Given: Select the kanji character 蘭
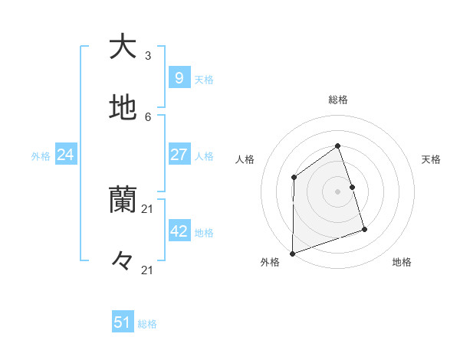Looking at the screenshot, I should [123, 200].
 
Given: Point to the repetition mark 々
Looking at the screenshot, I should [123, 261].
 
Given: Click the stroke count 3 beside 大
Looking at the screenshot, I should [147, 56].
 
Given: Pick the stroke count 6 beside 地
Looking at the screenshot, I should [147, 117].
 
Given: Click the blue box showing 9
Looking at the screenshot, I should [179, 77].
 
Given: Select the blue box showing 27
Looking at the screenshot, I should [179, 155].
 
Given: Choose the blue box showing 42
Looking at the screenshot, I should [179, 231].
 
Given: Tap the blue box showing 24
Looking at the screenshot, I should [65, 155].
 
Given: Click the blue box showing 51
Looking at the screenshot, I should [122, 322].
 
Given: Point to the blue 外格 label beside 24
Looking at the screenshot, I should [41, 156].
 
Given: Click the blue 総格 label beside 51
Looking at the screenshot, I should [147, 324].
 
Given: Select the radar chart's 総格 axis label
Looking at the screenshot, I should [337, 100].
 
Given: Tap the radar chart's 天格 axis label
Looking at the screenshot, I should [431, 159].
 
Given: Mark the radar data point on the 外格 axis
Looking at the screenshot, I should [292, 253].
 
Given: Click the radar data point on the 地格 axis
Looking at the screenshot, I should [364, 229].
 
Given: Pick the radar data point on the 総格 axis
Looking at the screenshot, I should [337, 146].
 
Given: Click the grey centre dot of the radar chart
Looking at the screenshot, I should [337, 191].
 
